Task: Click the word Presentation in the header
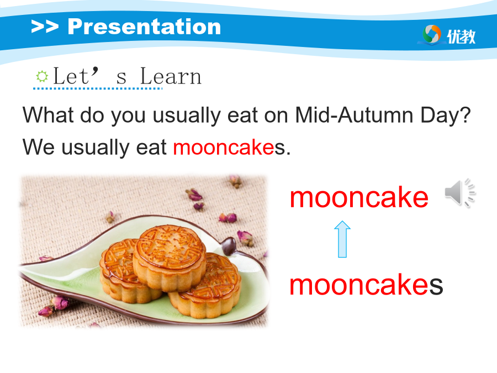click(x=144, y=27)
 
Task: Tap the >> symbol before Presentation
click(x=45, y=27)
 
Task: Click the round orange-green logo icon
click(x=432, y=34)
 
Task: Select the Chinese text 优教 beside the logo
click(x=461, y=36)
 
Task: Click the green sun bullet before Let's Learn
click(x=42, y=76)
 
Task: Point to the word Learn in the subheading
click(x=171, y=76)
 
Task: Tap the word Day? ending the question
click(x=445, y=115)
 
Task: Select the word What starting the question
click(x=48, y=115)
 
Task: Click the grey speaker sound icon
click(x=460, y=192)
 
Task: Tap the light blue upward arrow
click(x=342, y=239)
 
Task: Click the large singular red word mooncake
click(x=359, y=197)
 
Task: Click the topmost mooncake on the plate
click(x=170, y=258)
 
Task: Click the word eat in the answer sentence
click(x=151, y=148)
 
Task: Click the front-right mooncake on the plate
click(x=205, y=286)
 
